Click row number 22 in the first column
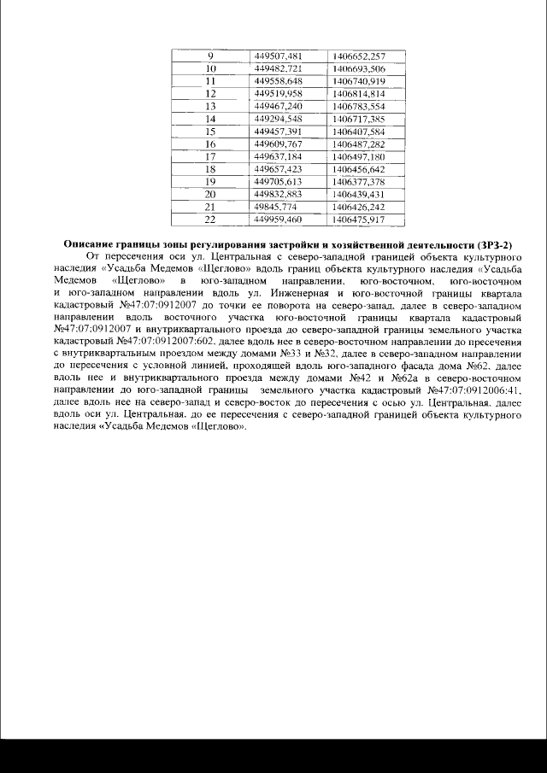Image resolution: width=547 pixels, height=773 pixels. pyautogui.click(x=210, y=220)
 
